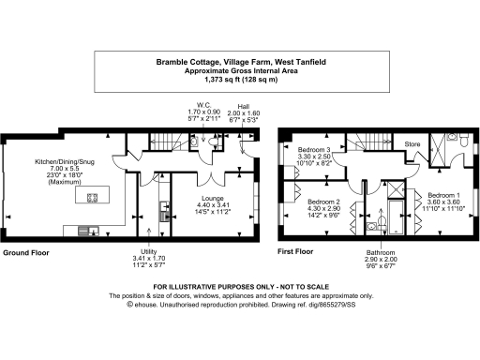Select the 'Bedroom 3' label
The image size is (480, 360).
[316, 150]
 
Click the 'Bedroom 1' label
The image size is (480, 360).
[441, 193]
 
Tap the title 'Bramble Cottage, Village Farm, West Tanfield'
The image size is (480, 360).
[239, 63]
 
